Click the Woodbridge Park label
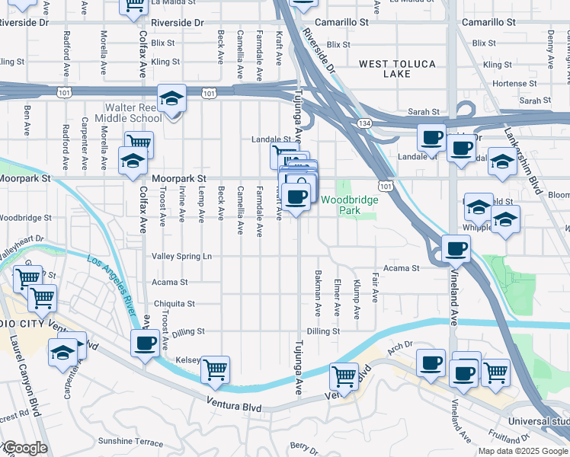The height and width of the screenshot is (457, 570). [x=349, y=204]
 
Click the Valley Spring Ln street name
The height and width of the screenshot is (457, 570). [x=181, y=257]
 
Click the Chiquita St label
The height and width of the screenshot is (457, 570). [x=176, y=303]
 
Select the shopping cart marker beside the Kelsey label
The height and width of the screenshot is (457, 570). [x=216, y=370]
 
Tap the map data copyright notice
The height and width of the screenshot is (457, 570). [x=523, y=451]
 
